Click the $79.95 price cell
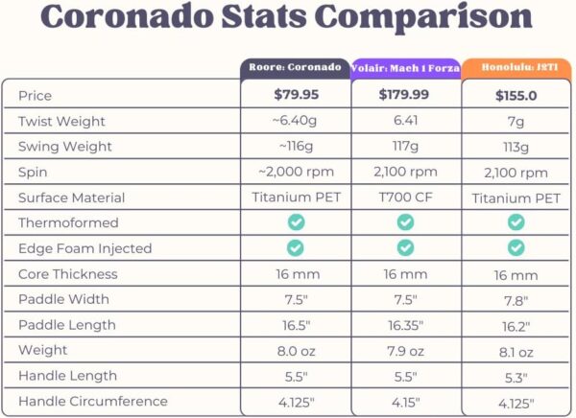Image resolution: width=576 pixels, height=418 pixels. (x=296, y=95)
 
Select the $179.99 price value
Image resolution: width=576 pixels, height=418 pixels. (x=406, y=95)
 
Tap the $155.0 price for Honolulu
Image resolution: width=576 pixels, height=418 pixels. (x=516, y=96)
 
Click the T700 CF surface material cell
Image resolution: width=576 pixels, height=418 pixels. (x=406, y=197)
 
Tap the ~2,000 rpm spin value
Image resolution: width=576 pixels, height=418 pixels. (x=296, y=173)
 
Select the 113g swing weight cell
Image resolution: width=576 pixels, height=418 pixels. (x=516, y=148)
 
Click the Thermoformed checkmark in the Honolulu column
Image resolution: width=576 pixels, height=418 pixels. (x=516, y=222)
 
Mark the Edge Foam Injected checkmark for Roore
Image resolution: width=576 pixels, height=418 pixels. (x=296, y=247)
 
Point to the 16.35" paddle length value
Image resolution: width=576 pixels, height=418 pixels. (x=406, y=325)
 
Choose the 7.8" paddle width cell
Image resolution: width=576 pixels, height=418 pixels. (x=516, y=300)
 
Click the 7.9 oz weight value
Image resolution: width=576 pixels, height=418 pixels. (x=406, y=350)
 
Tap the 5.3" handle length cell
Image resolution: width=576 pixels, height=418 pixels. (x=516, y=377)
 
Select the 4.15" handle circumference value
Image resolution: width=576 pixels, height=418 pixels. (x=406, y=402)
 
